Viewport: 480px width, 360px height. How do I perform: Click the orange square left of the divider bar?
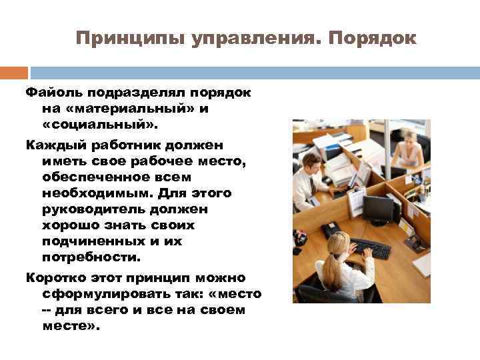tap(14, 73)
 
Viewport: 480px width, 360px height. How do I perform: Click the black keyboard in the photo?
tap(370, 249)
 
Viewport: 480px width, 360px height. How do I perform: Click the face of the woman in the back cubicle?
tap(407, 140)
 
